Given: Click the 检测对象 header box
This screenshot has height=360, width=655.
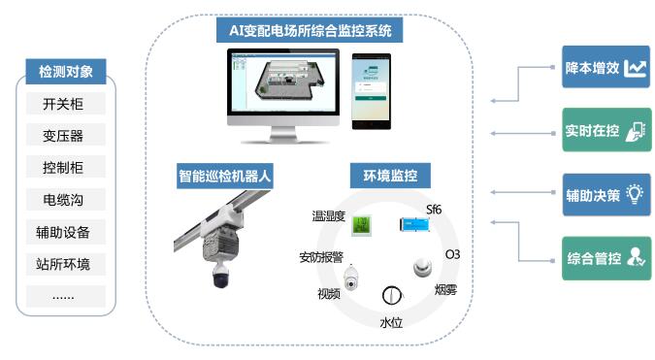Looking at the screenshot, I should click(66, 72).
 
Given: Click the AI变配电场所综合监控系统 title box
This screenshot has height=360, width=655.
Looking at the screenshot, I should click(310, 31).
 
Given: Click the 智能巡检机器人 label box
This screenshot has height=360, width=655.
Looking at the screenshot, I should click(224, 177).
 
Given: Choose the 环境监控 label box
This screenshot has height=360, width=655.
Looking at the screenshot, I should click(390, 177).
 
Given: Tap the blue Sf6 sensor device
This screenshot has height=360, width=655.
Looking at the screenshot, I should click(415, 225).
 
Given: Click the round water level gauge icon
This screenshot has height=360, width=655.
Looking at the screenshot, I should click(391, 296).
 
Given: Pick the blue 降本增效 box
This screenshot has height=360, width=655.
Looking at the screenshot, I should click(606, 69).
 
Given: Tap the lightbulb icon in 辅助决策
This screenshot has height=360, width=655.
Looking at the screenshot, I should click(636, 193).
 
